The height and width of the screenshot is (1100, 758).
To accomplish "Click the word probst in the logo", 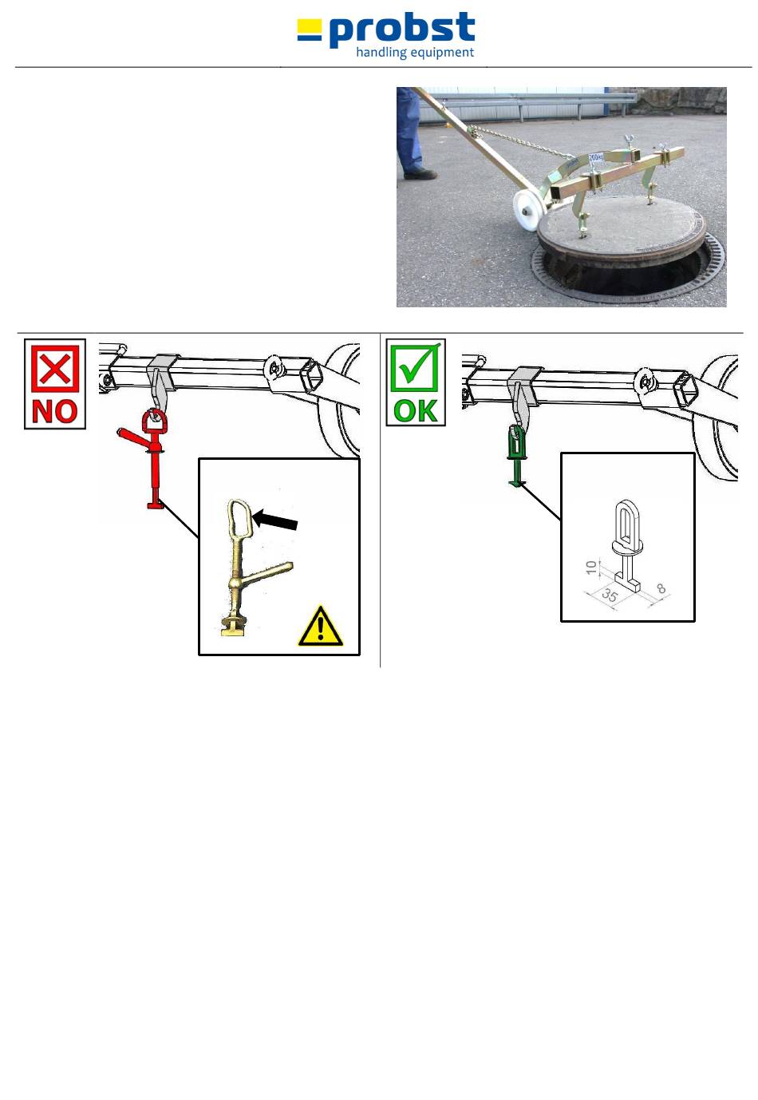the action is point(401,30).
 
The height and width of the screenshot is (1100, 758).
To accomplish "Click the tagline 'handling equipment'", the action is point(415,53).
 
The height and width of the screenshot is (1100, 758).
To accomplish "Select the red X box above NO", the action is point(55,368).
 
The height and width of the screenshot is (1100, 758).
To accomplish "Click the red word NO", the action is point(55,411).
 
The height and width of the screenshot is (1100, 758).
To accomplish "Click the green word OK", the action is point(416,410).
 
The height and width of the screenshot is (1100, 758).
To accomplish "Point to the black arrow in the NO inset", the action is point(275,519).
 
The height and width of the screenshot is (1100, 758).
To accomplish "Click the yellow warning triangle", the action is point(320,626).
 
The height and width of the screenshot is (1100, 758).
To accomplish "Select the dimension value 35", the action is point(610,596).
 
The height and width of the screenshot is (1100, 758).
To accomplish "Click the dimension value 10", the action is point(591,568).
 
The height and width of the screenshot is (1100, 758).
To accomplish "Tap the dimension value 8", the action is point(661,588).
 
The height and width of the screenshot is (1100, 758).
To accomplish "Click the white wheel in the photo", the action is point(531,208).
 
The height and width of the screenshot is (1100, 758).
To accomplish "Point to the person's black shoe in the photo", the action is point(420,172).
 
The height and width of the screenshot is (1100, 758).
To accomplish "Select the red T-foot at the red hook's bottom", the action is point(155,504).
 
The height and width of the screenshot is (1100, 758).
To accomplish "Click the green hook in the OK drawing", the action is point(516,456).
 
